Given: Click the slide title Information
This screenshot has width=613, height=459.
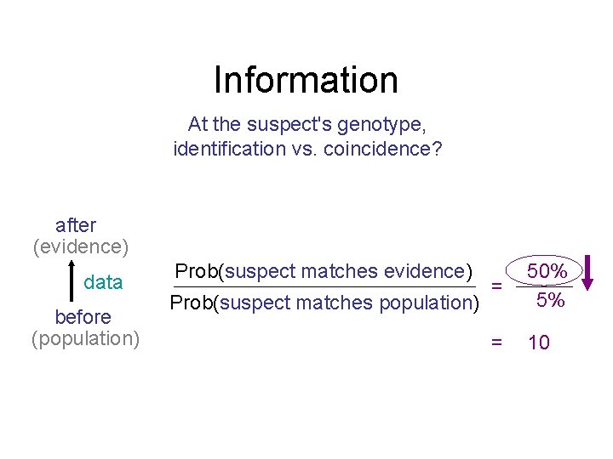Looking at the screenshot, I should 306,80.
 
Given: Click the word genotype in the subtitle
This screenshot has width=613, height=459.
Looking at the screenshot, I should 381,124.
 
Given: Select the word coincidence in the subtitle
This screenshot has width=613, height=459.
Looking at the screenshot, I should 387,149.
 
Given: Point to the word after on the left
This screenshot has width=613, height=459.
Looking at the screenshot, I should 76,225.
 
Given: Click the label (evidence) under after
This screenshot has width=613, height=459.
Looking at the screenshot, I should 81,246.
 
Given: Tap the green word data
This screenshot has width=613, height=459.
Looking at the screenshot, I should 103,282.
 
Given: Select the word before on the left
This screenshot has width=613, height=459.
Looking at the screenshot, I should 83,317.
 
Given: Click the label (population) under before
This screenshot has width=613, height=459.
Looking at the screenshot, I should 85,338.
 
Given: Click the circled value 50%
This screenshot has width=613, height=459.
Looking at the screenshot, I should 547,271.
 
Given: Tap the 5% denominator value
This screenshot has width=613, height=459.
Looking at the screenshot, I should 550,300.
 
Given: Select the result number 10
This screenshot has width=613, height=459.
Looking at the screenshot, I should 539,343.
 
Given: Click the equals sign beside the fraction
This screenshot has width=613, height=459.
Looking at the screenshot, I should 496,286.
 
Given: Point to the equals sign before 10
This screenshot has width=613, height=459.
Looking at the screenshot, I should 496,343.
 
